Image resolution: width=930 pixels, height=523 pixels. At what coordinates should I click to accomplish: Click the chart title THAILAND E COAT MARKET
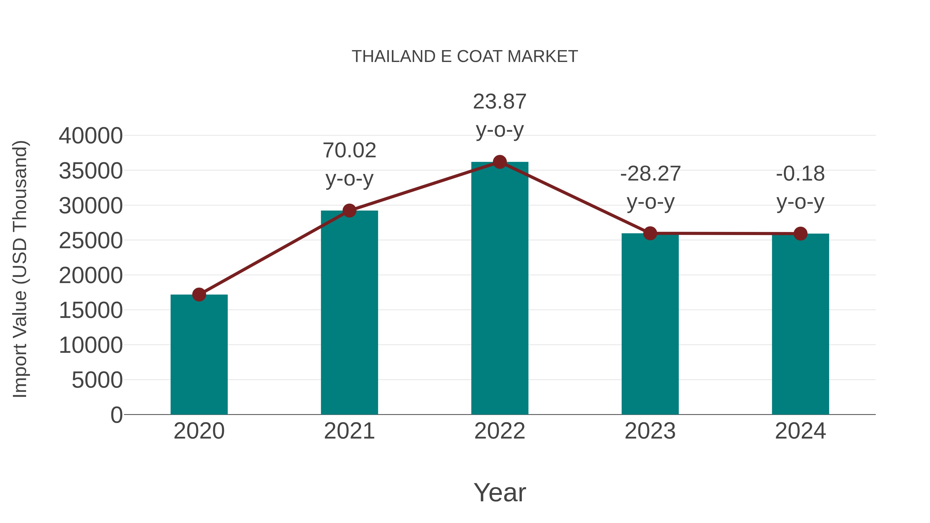click(465, 57)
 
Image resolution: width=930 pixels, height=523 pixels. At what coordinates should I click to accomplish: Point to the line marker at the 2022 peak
click(500, 162)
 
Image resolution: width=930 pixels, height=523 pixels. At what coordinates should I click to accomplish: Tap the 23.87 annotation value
click(500, 102)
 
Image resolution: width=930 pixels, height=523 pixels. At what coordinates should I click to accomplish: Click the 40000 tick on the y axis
click(91, 136)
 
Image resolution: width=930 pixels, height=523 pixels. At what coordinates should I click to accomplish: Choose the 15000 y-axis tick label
click(91, 310)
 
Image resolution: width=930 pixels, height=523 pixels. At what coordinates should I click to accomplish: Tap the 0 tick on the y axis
click(116, 415)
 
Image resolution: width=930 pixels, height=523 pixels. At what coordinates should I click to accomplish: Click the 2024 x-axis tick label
click(800, 431)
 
